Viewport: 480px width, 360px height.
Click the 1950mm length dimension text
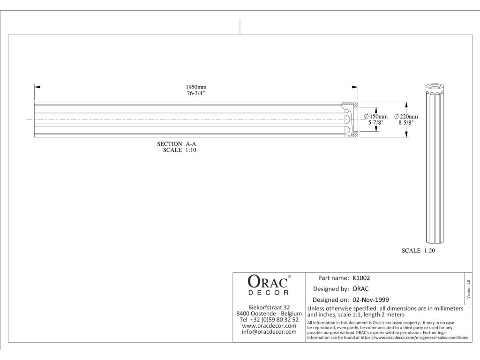[196, 87]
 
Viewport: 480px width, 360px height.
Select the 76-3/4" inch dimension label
[196, 94]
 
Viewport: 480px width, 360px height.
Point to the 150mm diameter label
[376, 116]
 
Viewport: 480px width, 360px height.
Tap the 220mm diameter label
[406, 116]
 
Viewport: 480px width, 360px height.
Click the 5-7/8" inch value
[376, 122]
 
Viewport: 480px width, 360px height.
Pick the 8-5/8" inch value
[406, 122]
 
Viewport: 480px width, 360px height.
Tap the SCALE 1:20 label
[419, 251]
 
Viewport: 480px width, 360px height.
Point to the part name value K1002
[361, 277]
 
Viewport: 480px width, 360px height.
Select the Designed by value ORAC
[360, 289]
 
